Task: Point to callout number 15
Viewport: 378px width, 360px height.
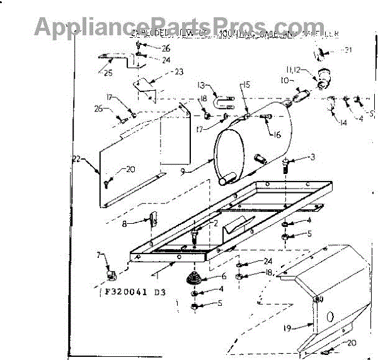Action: click(246, 84)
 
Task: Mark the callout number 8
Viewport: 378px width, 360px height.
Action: click(125, 223)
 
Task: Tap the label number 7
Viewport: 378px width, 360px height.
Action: click(98, 254)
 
